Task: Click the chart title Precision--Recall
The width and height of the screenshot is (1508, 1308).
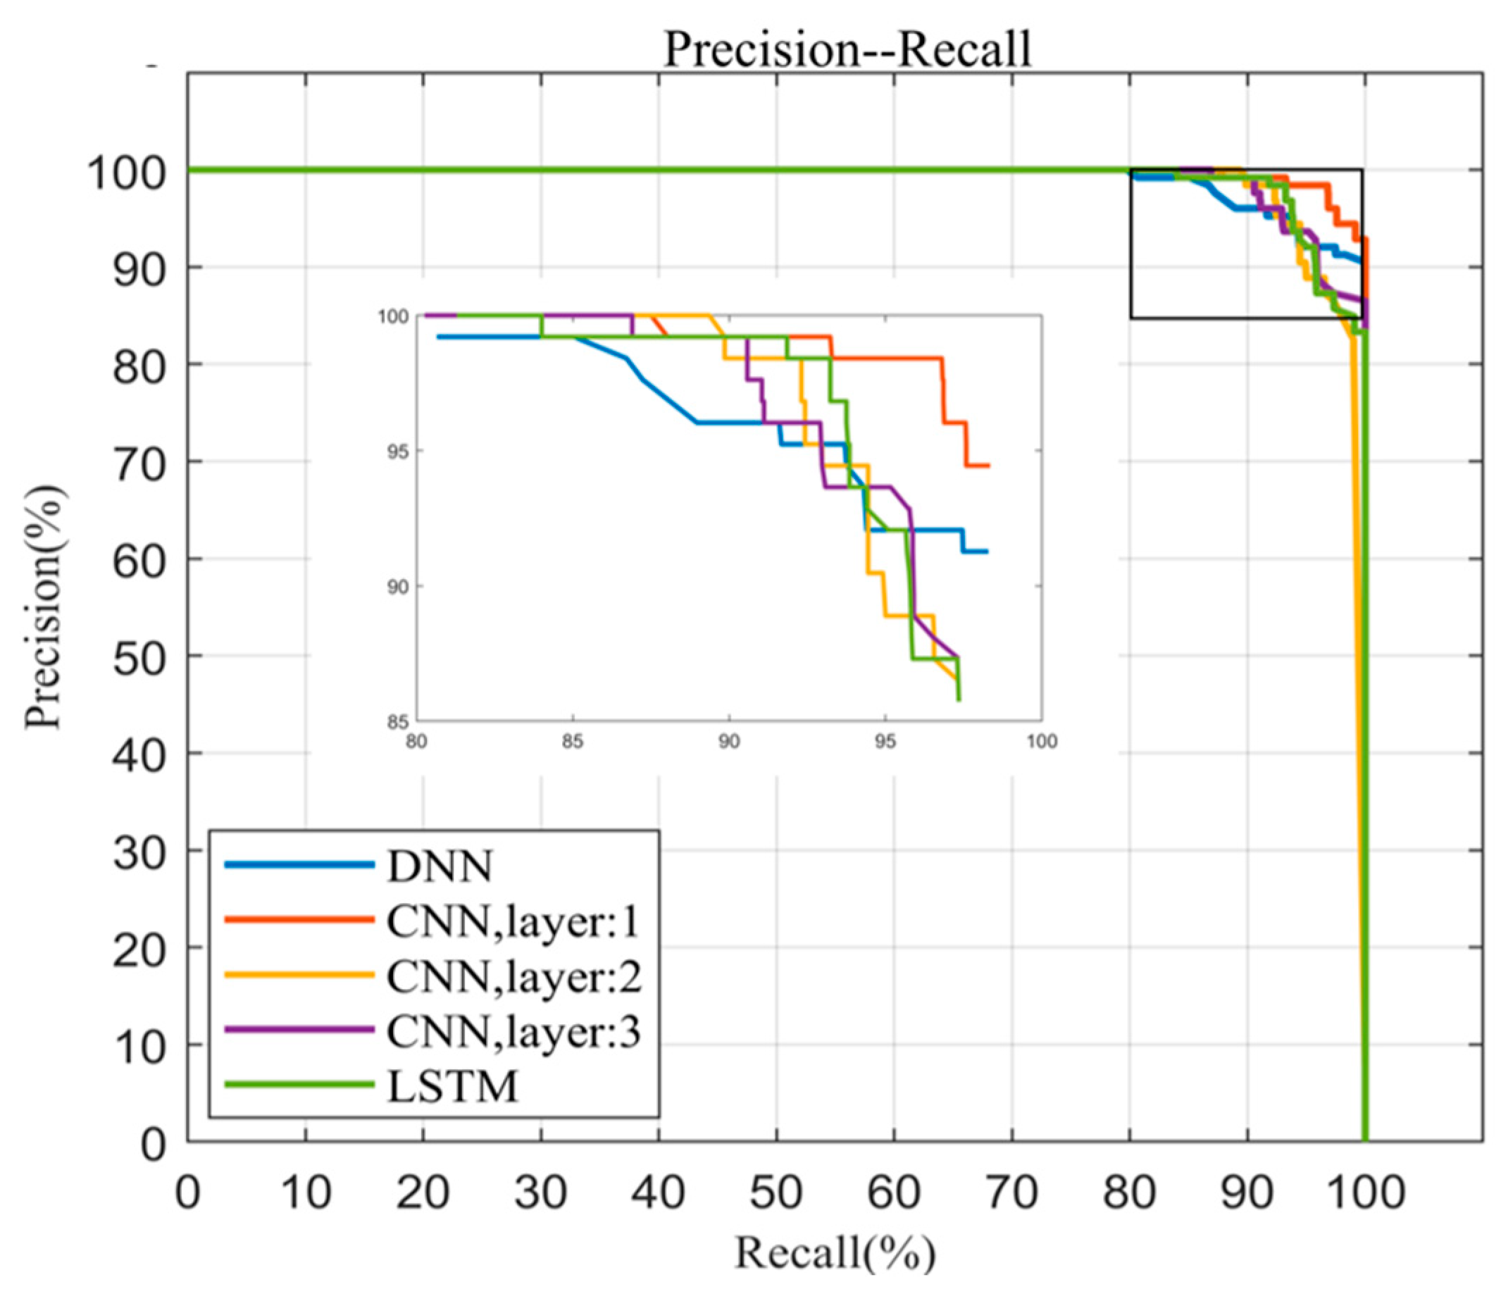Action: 847,49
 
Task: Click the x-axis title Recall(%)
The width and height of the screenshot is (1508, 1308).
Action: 834,1252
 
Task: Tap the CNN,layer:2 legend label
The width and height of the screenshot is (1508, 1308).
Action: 513,977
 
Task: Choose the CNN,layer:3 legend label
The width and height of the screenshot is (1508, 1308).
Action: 513,1031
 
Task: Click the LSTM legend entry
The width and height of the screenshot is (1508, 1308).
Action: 453,1086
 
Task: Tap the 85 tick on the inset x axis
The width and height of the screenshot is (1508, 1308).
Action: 573,742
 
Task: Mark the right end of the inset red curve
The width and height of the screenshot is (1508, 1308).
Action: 988,466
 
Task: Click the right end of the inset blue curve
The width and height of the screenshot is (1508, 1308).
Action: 987,552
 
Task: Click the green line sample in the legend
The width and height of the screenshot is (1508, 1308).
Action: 299,1085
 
